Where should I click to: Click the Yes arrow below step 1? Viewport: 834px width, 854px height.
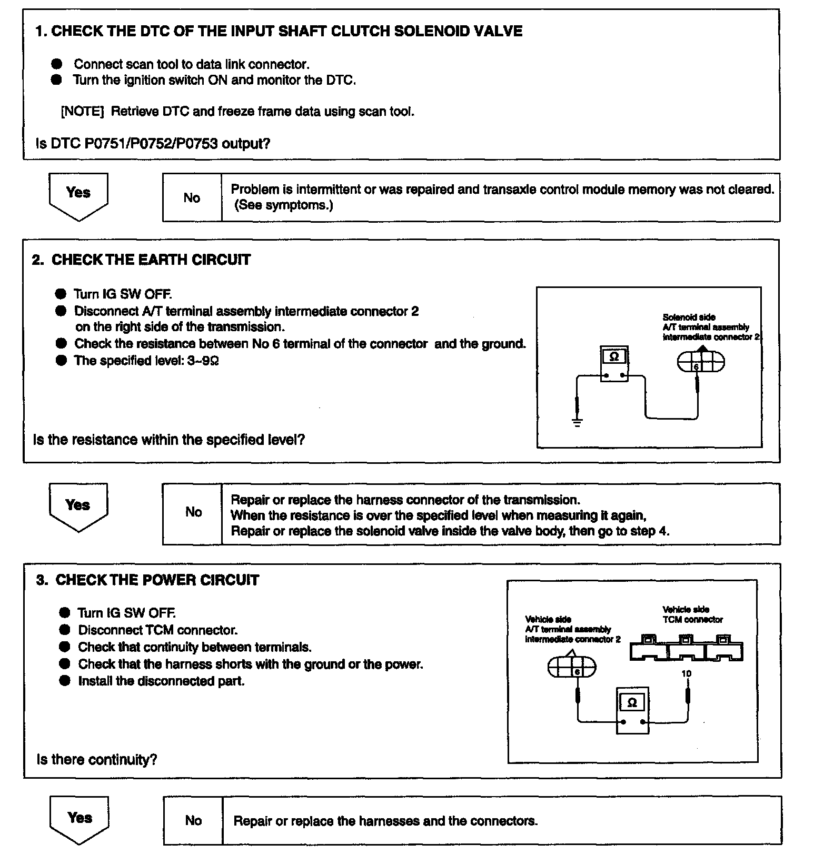(78, 195)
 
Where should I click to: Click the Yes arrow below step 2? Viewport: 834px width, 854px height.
(78, 507)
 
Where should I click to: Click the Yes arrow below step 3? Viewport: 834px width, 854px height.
(80, 819)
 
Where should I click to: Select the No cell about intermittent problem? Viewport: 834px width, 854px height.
(192, 197)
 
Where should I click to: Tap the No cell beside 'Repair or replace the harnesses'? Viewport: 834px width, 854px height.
(193, 820)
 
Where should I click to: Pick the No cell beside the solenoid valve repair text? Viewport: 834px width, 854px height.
(193, 512)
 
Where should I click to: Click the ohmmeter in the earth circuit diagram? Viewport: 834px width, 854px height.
(614, 364)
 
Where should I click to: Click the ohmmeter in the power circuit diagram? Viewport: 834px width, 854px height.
(632, 710)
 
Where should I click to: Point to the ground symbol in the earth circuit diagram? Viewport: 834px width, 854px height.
(577, 422)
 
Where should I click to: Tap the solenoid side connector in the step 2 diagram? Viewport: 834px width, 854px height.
(700, 362)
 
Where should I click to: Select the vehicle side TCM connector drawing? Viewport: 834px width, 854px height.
(686, 649)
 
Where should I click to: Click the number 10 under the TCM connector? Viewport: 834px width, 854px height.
(686, 673)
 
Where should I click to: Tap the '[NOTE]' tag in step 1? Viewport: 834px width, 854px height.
(83, 112)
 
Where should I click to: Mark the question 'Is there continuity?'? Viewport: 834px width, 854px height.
(97, 760)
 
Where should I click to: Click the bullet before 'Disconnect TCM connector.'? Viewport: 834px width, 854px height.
(65, 630)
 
